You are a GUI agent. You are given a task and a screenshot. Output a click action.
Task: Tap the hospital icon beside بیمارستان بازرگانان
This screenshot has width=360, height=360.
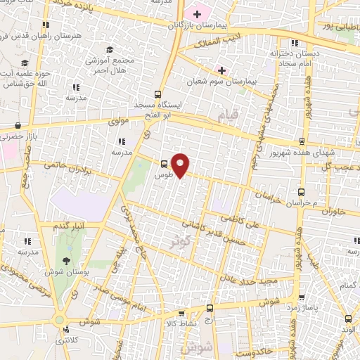198,13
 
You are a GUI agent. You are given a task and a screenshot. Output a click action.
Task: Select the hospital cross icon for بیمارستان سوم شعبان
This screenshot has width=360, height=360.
221,70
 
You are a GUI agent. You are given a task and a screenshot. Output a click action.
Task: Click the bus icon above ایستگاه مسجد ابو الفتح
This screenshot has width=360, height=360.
157,94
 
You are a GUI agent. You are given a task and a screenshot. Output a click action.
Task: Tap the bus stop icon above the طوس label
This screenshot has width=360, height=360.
165,160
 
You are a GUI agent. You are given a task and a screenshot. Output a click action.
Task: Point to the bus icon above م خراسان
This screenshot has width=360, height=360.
302,191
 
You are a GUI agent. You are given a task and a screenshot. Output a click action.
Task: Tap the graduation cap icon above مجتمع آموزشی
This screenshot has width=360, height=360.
110,49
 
